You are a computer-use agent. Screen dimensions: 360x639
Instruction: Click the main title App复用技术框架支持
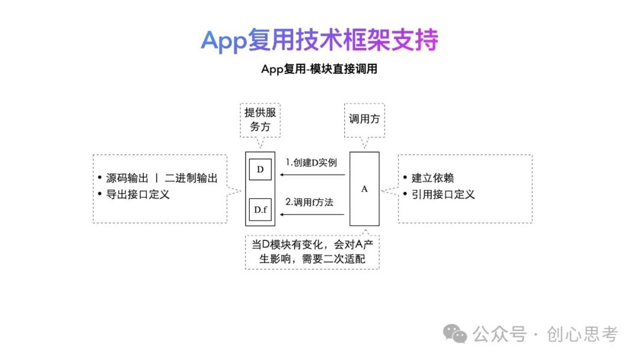coord(319,40)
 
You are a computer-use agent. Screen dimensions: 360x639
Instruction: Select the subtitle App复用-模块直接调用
coord(319,69)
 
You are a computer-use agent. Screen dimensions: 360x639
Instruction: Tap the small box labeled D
coord(260,169)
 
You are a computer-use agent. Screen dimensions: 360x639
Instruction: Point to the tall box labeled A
coord(364,189)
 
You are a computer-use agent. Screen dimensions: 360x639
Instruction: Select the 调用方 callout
coord(364,118)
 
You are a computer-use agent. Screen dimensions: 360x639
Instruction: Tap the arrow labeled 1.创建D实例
coord(312,175)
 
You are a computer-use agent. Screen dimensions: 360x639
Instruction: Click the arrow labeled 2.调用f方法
coord(312,214)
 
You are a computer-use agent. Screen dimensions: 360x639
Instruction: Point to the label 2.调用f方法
coord(309,202)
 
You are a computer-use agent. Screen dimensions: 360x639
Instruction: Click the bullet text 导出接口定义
coord(138,194)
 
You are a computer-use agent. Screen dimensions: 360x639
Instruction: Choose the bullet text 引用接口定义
coord(443,194)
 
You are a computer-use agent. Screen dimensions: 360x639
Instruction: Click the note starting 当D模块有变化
coord(312,252)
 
